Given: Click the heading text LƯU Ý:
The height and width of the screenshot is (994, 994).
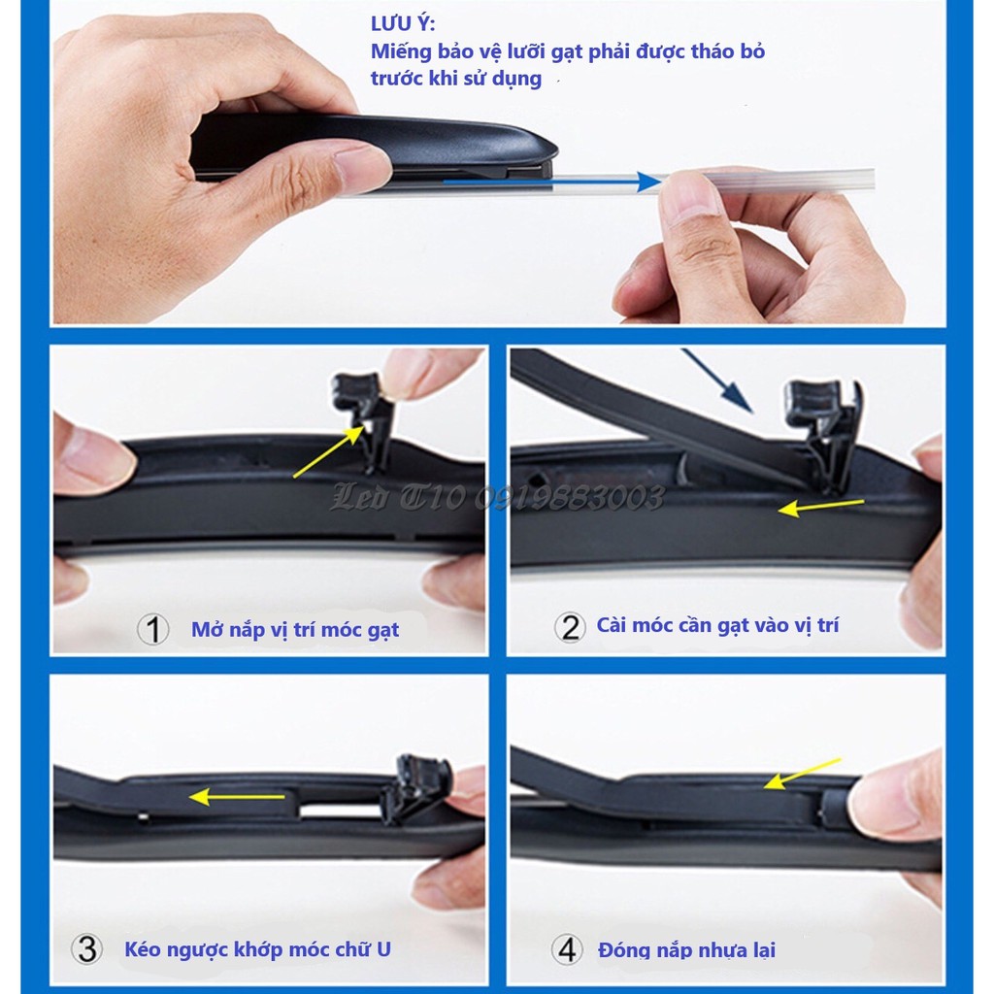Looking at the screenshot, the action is (403, 23).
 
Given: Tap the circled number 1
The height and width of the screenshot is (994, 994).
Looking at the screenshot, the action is (152, 629).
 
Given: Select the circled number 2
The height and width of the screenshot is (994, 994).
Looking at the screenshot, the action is (570, 627).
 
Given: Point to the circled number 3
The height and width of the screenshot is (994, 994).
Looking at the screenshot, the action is (86, 949).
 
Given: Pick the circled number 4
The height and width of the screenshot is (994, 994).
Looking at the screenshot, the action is (567, 949).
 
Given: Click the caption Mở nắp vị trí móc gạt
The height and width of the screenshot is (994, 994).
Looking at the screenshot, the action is (295, 630).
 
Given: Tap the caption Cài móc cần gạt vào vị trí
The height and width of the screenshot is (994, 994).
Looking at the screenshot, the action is (717, 626).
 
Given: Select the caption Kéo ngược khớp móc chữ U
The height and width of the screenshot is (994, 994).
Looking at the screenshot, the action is (257, 949).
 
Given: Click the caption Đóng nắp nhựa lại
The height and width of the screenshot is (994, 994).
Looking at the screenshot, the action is (686, 950).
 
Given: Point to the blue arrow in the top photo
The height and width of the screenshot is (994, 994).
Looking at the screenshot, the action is (552, 182).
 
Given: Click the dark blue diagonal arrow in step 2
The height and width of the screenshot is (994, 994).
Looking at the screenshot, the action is (717, 381).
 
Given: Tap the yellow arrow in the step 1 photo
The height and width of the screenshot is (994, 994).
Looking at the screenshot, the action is (329, 451).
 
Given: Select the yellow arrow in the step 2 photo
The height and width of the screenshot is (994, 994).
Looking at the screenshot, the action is (821, 507).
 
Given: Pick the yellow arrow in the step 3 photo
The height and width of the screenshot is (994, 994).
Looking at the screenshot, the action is (237, 797).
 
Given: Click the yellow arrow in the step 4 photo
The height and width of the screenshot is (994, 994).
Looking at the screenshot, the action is (803, 774).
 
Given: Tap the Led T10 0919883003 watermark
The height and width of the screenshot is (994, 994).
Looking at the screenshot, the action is (498, 498).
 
